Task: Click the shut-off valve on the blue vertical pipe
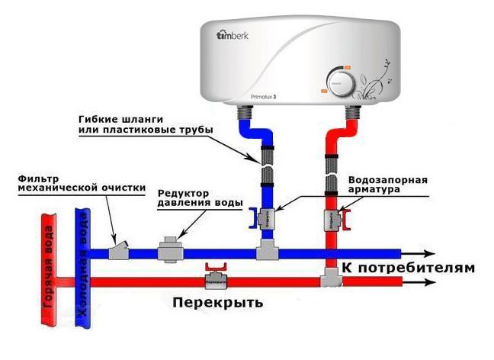(x=267, y=218)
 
